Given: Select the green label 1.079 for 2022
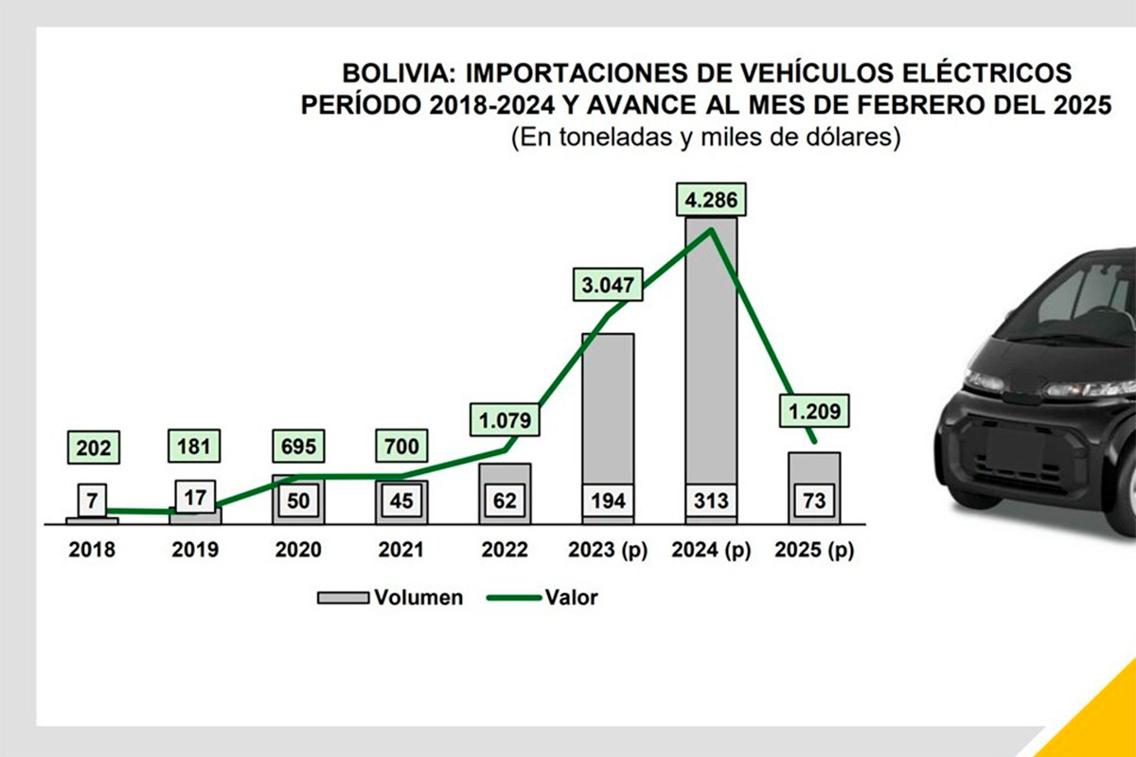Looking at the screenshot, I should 504,418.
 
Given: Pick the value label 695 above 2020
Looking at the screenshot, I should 298,445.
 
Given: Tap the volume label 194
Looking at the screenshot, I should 607,500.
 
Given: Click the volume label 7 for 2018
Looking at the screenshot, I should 92,499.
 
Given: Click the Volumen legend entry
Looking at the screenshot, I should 390,597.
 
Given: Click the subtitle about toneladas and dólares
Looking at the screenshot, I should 704,138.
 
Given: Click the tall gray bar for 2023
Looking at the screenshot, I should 607,407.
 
